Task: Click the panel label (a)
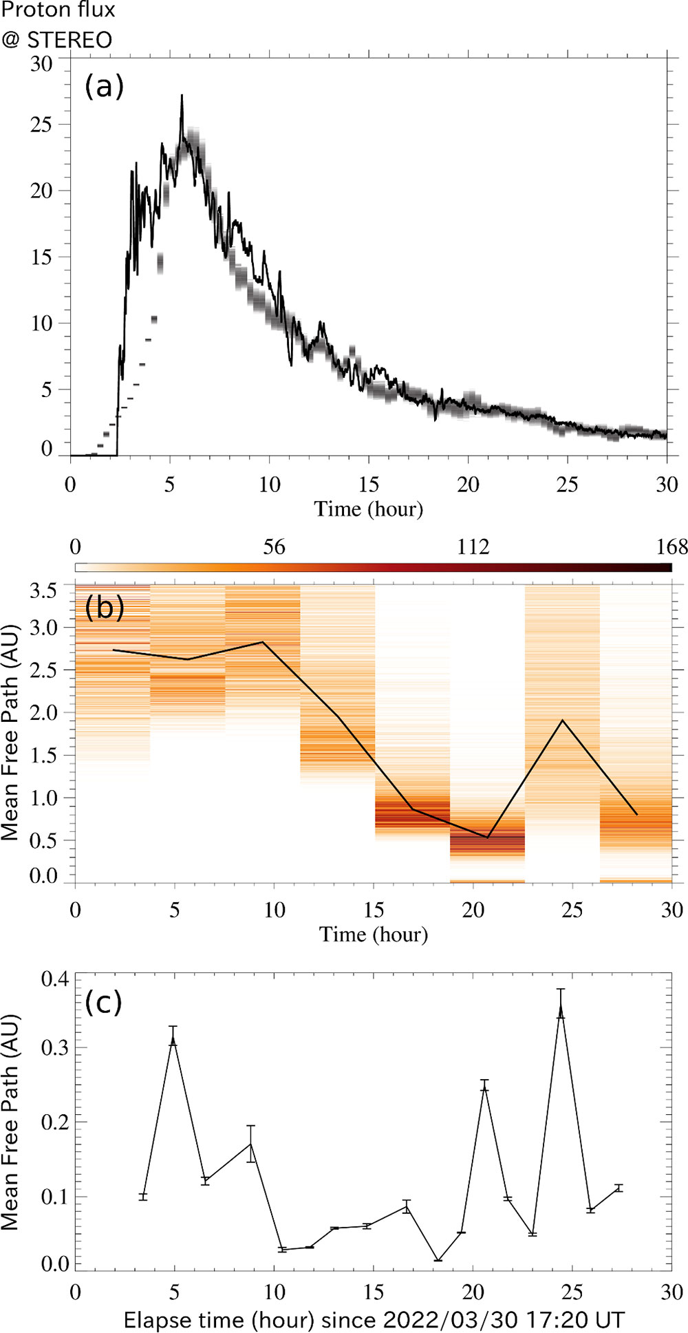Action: pos(104,87)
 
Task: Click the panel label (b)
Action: pos(104,607)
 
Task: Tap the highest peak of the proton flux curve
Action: pos(182,96)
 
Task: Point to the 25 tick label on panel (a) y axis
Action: pos(41,125)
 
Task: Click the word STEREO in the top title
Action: pos(69,40)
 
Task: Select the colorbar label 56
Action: pos(274,547)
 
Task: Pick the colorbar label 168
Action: pos(671,547)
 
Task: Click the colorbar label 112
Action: pos(473,547)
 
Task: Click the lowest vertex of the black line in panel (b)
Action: pos(488,838)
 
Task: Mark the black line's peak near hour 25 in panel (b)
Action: pos(563,721)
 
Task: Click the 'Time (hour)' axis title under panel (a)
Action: pos(369,509)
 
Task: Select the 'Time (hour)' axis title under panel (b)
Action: pos(374,935)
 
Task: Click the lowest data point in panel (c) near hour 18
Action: pos(438,1260)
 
